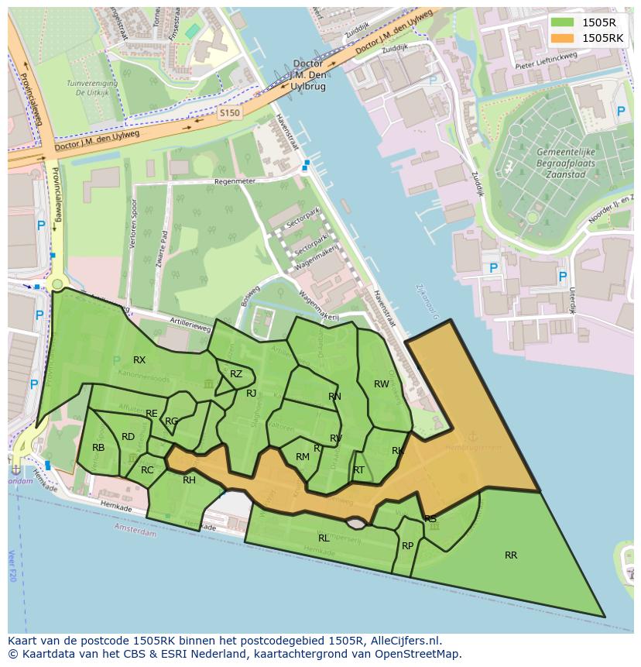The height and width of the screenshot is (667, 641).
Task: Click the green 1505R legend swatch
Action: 562,22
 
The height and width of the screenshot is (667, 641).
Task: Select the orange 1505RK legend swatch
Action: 562,38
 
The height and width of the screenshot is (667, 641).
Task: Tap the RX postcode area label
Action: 139,360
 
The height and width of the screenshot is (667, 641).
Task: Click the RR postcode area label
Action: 511,555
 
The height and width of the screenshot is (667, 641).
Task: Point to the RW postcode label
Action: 382,384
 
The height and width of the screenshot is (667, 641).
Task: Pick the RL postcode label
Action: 324,538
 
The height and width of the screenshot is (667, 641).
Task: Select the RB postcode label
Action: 98,448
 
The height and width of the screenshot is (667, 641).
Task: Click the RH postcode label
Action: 189,480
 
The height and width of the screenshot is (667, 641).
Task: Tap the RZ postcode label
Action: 236,374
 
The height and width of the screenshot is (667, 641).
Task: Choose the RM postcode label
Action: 303,457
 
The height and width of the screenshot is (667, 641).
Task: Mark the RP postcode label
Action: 407,546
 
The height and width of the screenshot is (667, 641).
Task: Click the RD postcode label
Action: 128,437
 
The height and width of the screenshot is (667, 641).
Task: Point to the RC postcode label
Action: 147,470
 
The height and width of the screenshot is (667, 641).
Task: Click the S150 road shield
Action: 229,113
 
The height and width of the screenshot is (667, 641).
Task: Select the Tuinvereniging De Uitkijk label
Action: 91,87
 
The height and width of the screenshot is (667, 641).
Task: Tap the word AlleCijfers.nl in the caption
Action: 403,641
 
